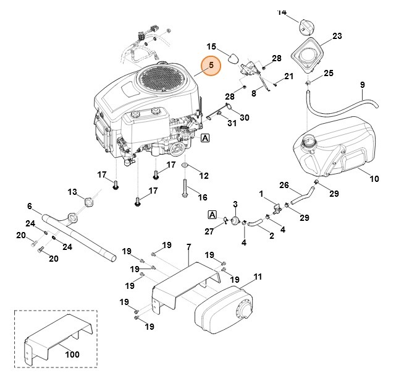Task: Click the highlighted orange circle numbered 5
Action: coord(211,66)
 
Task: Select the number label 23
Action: coord(337,37)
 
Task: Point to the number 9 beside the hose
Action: coord(362,85)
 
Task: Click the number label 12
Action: coord(203,176)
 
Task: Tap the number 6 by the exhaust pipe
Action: coord(29,206)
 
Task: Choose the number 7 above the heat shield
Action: coord(188,248)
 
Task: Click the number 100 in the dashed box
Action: coord(72,354)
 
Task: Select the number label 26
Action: coord(284,185)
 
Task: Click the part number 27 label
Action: coord(208,231)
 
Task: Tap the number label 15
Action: coord(211,47)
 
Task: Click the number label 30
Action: coord(244,118)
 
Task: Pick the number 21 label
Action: coord(288,76)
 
